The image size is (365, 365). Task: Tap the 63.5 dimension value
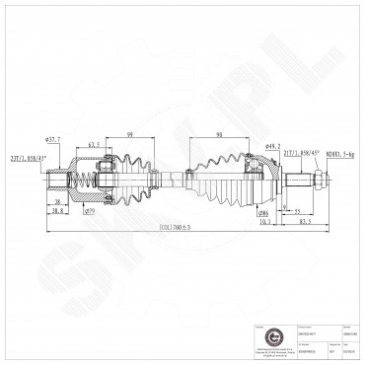click(x=96, y=146)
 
